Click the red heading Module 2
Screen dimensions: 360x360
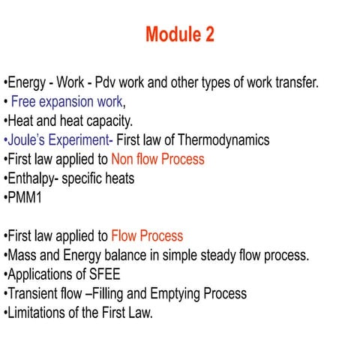coord(179,34)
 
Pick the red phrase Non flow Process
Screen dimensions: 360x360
coord(157,159)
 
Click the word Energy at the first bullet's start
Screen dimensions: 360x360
coord(25,82)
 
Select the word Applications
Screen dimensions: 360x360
coord(41,274)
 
